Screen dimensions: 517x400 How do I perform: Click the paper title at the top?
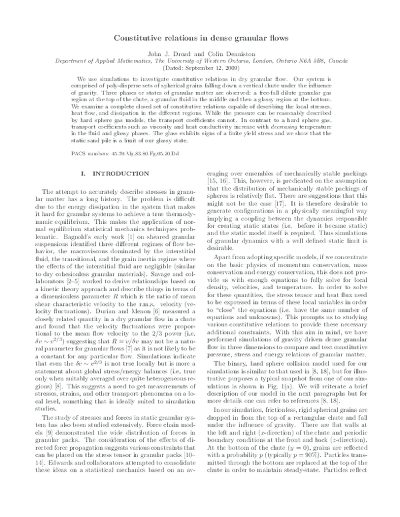click(x=199, y=39)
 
